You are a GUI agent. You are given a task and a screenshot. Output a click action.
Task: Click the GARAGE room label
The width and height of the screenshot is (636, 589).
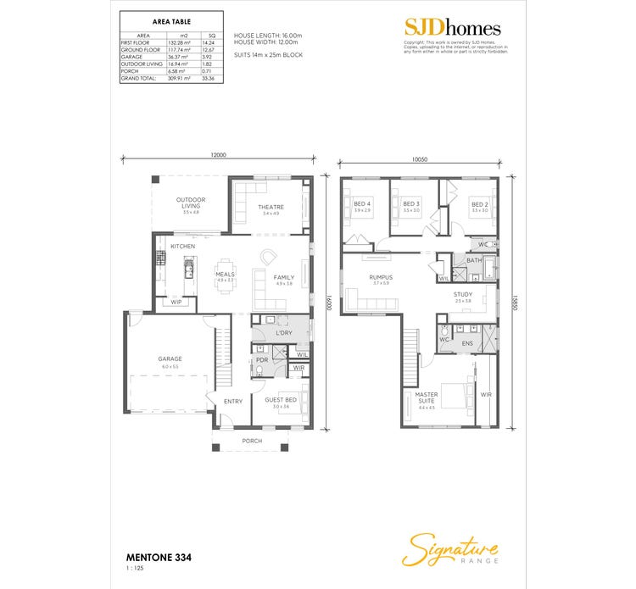pos(170,358)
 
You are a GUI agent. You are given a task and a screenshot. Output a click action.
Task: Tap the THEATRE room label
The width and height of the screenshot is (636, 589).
pos(271,207)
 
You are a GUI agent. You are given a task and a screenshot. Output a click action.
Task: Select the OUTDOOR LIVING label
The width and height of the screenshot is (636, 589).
pos(190,203)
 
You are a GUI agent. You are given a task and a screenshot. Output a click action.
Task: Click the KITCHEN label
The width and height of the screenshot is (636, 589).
pos(182,246)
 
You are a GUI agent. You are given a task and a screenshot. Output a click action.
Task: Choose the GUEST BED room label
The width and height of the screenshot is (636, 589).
pos(280,399)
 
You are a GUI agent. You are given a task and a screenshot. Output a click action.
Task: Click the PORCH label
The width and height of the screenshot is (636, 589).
pos(252,441)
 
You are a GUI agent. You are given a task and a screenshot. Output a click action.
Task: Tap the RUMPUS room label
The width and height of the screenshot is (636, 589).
pos(379,277)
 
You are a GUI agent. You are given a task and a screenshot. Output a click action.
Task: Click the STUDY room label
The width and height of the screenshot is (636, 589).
pos(462,295)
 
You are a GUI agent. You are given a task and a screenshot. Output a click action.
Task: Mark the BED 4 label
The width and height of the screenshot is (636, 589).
pos(361,204)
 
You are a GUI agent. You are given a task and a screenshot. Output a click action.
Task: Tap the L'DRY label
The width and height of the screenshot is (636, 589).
pos(284,332)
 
